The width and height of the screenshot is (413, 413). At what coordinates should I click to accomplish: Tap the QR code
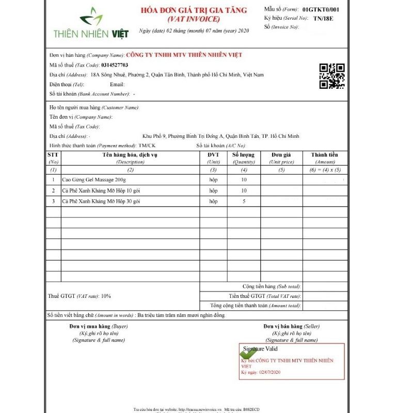pos(332,76)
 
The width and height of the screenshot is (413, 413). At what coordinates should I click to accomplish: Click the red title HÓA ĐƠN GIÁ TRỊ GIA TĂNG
pos(194,10)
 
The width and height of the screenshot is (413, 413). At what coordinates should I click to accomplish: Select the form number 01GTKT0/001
pos(321,9)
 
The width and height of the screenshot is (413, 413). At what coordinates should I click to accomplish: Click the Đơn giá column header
pos(281,155)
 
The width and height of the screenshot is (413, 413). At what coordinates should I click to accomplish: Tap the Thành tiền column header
pos(324,155)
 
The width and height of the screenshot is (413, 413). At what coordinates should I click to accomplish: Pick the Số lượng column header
pos(244,155)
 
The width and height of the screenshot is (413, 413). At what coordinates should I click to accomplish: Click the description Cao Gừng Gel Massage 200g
pos(94,180)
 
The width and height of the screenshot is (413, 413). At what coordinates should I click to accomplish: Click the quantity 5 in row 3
pos(244,201)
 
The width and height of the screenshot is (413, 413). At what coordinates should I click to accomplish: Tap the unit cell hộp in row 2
pos(213,190)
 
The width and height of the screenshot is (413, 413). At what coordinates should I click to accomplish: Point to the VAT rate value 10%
pos(106,296)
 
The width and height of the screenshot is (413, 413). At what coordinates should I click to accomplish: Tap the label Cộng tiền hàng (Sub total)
pos(272,287)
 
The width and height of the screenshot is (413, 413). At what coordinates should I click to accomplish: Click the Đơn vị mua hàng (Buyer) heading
pos(99,327)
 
